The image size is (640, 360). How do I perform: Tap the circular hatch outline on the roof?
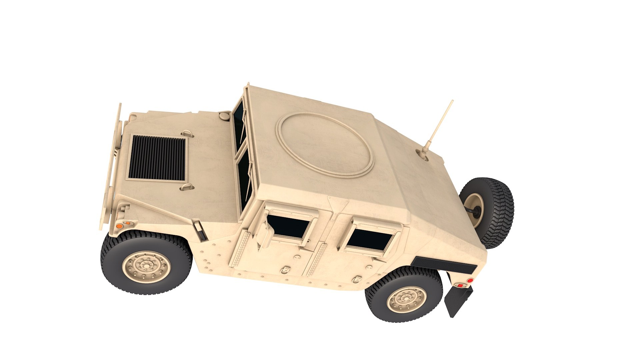325,144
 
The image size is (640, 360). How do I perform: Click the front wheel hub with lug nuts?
146,265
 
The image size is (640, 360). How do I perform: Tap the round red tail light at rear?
470,281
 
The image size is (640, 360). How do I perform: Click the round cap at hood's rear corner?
224,116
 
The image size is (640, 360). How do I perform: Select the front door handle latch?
285,270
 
